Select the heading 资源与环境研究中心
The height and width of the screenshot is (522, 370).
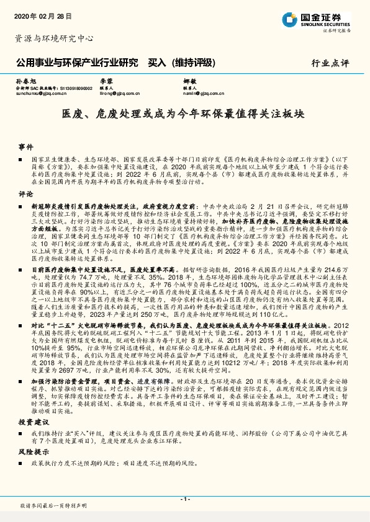pyautogui.click(x=53, y=38)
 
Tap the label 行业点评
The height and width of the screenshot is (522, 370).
pyautogui.click(x=330, y=63)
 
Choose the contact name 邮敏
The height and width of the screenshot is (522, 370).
pyautogui.click(x=190, y=82)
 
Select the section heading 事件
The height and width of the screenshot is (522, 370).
pyautogui.click(x=25, y=147)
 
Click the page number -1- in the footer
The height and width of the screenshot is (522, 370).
pyautogui.click(x=184, y=498)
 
